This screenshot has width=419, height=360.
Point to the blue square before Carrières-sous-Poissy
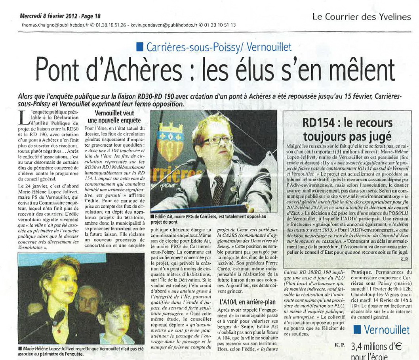tap(139, 47)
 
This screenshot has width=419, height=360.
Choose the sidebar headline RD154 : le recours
tap(347, 123)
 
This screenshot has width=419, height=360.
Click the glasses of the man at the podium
tap(217, 140)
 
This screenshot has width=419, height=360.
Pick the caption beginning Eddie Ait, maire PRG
tap(208, 219)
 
